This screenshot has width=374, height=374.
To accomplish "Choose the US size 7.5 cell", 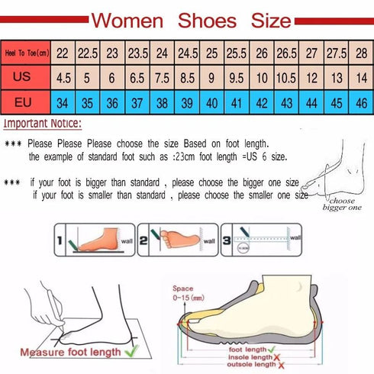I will (162, 76).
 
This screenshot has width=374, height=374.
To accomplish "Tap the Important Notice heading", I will (42, 123).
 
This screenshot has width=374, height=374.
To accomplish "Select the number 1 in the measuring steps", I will (60, 245).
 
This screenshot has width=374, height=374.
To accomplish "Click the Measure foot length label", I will (69, 352).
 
